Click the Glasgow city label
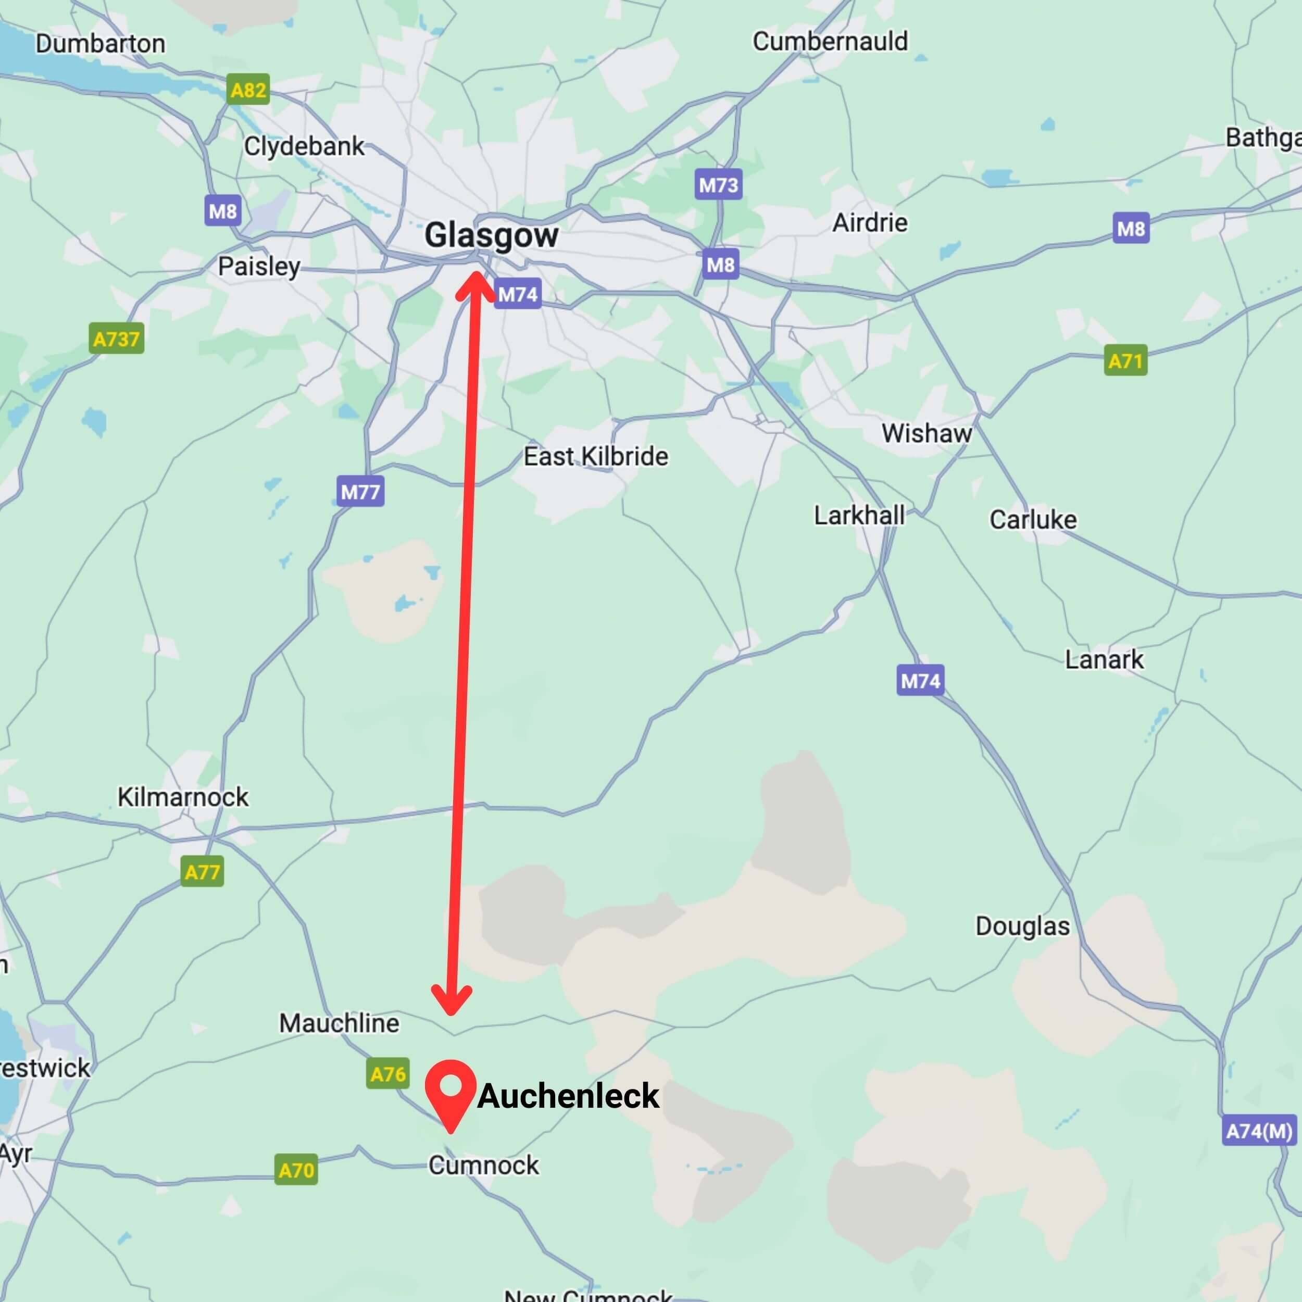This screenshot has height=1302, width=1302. coord(491,236)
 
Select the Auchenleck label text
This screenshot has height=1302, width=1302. coord(568,1096)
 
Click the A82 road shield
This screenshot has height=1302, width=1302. coord(248,90)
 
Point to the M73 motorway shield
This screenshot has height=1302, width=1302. coord(718,185)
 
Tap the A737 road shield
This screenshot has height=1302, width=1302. coord(117,339)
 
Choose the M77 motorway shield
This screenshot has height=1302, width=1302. coord(360,491)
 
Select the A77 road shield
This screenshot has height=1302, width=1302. coord(202,872)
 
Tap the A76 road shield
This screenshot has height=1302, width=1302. coord(388,1073)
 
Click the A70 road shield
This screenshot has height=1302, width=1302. coord(296,1170)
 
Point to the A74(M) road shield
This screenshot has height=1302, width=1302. coord(1259,1130)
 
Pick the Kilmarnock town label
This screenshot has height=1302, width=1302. coord(183,797)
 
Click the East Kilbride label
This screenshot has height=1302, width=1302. coord(596,456)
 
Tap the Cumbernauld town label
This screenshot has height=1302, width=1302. coord(830,42)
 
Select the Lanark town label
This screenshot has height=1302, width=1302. coord(1104,659)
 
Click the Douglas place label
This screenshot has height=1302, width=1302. coord(1022,926)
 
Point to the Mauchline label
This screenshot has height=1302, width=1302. coord(339,1023)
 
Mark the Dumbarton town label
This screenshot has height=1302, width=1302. coord(101,44)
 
